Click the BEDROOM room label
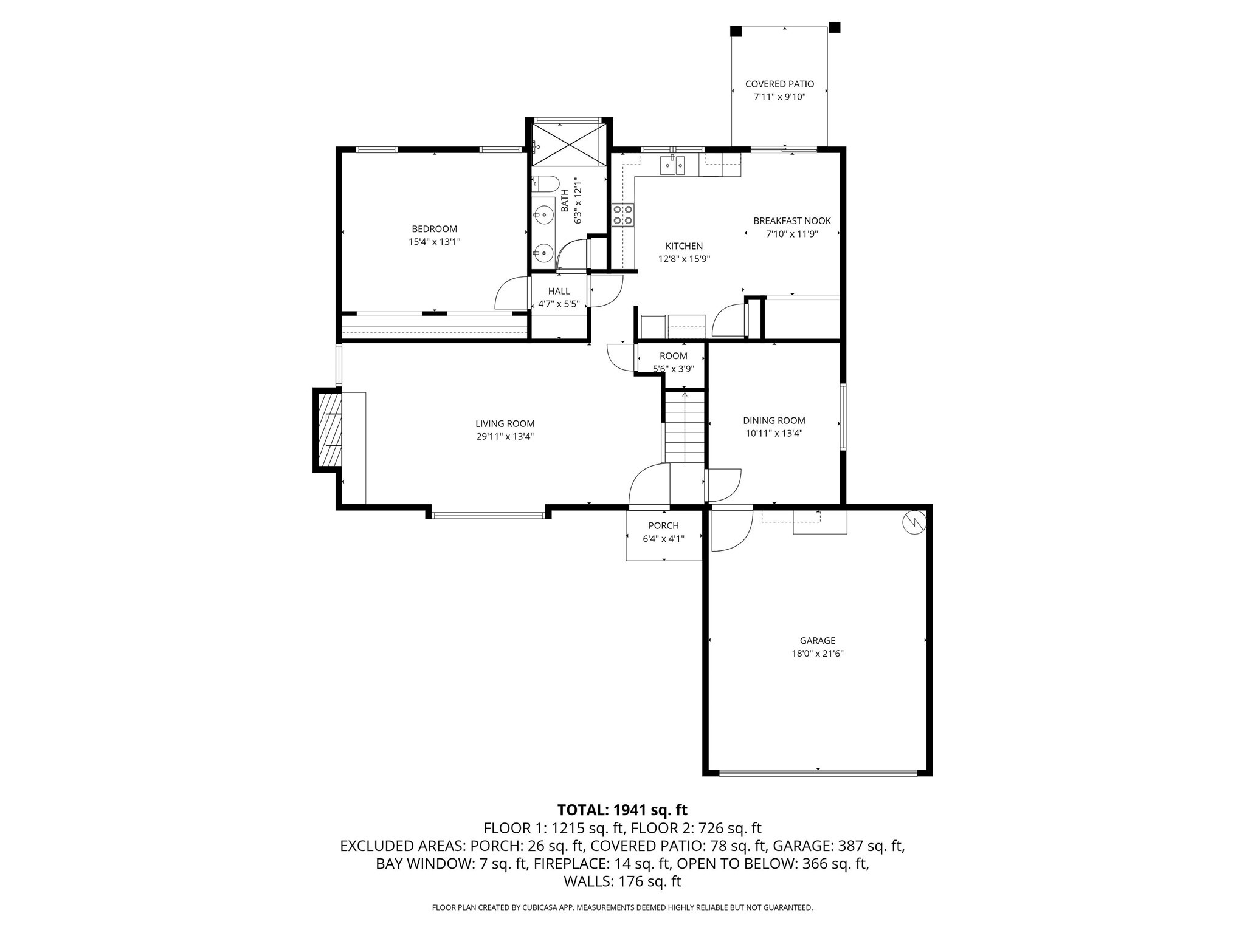(x=434, y=229)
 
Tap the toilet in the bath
(x=545, y=183)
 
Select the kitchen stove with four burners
(x=623, y=214)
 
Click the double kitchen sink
(x=673, y=165)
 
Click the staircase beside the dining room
(x=685, y=428)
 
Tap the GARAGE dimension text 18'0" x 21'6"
(x=817, y=654)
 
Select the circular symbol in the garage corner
(x=914, y=522)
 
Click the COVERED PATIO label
(x=779, y=84)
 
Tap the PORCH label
(x=663, y=525)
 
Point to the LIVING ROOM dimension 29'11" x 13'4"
(x=505, y=436)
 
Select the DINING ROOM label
(x=774, y=420)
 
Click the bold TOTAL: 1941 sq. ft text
(x=622, y=810)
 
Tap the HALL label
(x=559, y=291)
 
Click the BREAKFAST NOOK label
(x=791, y=221)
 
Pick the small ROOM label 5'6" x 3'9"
(x=673, y=356)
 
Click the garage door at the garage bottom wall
(x=818, y=773)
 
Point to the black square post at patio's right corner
(x=835, y=27)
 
